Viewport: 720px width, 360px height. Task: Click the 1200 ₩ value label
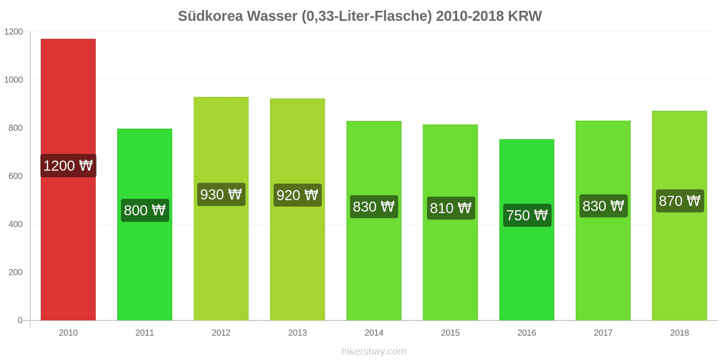click(x=68, y=166)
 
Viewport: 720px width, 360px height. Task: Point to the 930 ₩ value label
click(x=221, y=194)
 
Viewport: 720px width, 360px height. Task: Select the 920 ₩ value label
click(x=297, y=195)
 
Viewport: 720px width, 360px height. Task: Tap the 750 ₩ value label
click(x=527, y=215)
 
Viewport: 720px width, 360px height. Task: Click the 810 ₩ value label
click(x=450, y=208)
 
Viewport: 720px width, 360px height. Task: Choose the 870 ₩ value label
click(x=679, y=201)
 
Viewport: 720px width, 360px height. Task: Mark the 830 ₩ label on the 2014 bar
click(x=373, y=207)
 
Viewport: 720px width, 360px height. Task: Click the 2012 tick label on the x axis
click(x=221, y=333)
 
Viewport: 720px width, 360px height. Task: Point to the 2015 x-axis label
click(x=450, y=333)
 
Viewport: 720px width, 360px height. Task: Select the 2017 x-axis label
click(x=603, y=333)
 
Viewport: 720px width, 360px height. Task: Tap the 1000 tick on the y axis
click(x=13, y=80)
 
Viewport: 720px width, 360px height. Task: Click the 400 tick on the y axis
click(x=15, y=224)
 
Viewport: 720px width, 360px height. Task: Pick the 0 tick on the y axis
click(x=20, y=320)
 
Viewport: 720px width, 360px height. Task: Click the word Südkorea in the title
click(x=210, y=16)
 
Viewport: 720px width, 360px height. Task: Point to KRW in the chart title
click(x=525, y=16)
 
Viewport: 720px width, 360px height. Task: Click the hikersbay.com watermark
click(x=373, y=351)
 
